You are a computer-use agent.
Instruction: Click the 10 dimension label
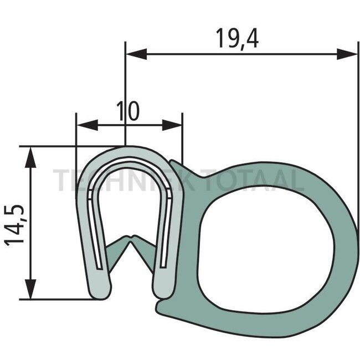(128, 111)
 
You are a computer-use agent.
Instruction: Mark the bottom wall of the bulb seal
(260, 327)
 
